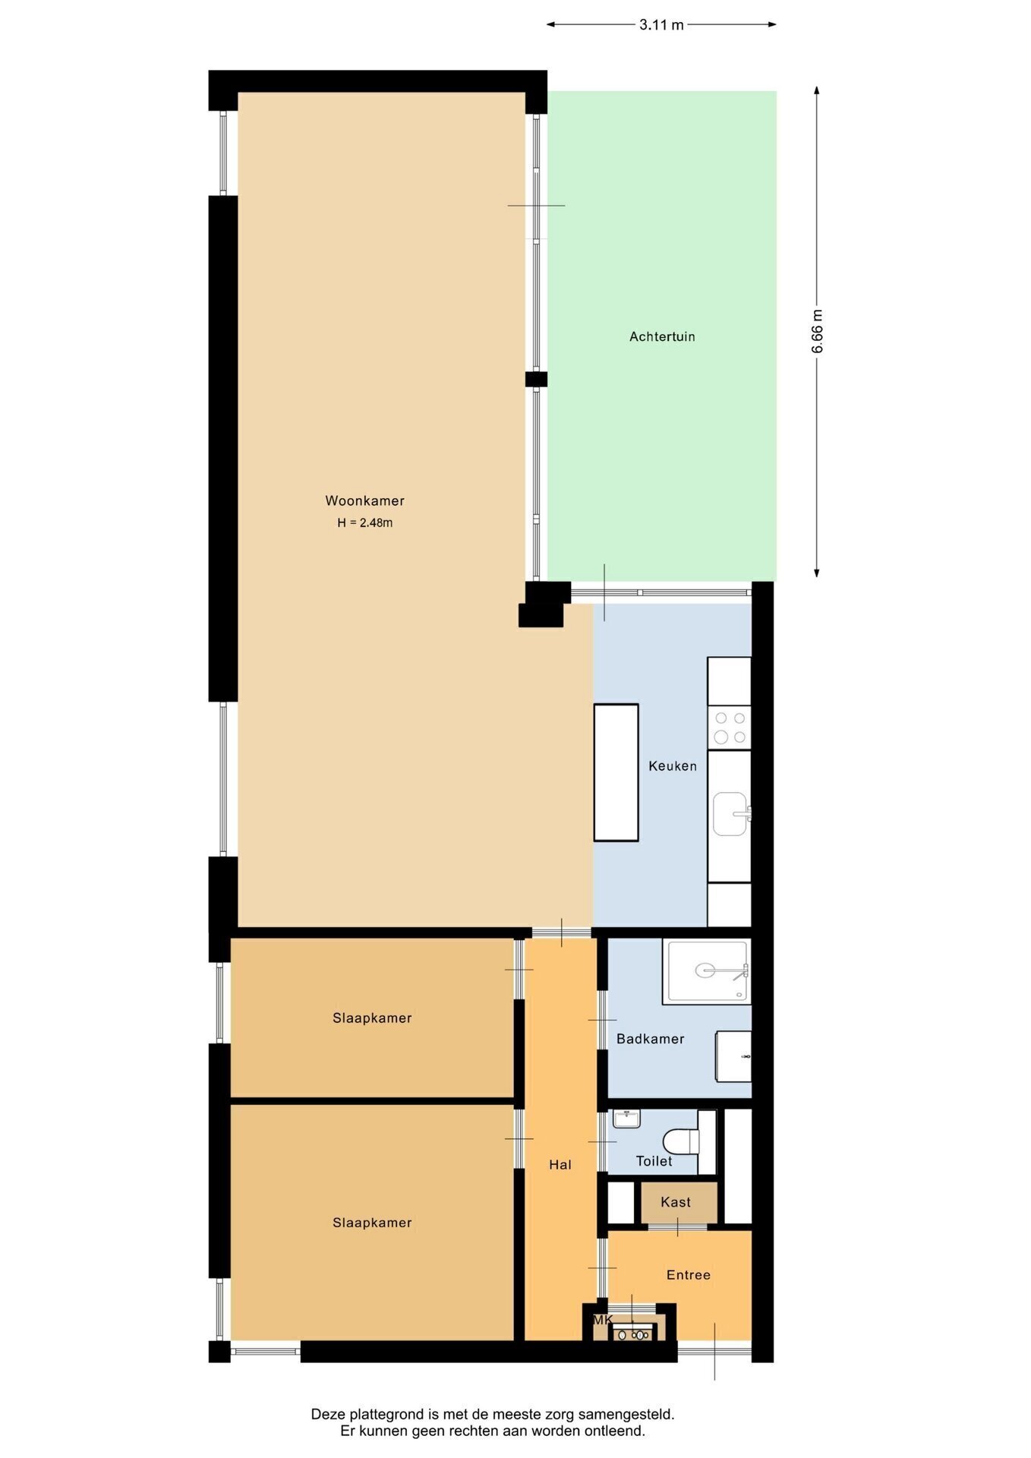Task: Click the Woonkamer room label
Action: pyautogui.click(x=364, y=500)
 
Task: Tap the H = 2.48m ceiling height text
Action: pyautogui.click(x=365, y=522)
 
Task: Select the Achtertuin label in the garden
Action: pyautogui.click(x=662, y=336)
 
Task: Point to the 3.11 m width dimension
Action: pyautogui.click(x=661, y=24)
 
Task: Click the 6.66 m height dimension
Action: pyautogui.click(x=817, y=331)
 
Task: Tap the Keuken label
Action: pyautogui.click(x=673, y=766)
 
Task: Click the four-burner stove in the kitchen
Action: pyautogui.click(x=730, y=727)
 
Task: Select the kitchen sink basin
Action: pyautogui.click(x=730, y=814)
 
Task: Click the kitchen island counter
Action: pyautogui.click(x=616, y=772)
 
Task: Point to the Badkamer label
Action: pyautogui.click(x=651, y=1039)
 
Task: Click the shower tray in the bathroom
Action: pyautogui.click(x=706, y=971)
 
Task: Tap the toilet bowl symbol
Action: pyautogui.click(x=680, y=1140)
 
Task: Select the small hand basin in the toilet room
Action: pyautogui.click(x=627, y=1119)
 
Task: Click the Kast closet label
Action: pyautogui.click(x=676, y=1202)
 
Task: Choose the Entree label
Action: pyautogui.click(x=689, y=1275)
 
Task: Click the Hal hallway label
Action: pyautogui.click(x=560, y=1165)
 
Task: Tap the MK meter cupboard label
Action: pyautogui.click(x=603, y=1321)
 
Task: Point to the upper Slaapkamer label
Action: pyautogui.click(x=372, y=1018)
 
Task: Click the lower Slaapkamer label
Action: pyautogui.click(x=372, y=1223)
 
